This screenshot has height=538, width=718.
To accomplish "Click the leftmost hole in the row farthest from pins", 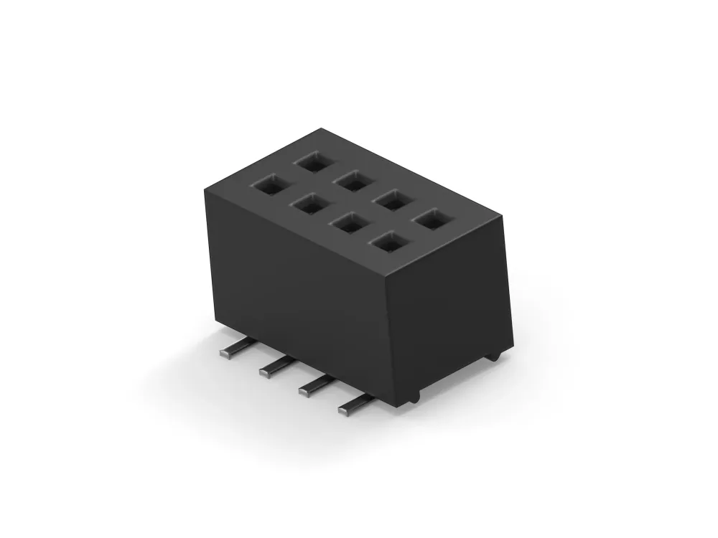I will [x=312, y=161].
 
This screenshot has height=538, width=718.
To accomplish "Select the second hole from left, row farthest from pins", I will [x=352, y=179].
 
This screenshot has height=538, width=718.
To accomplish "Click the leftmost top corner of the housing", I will [x=205, y=186].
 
